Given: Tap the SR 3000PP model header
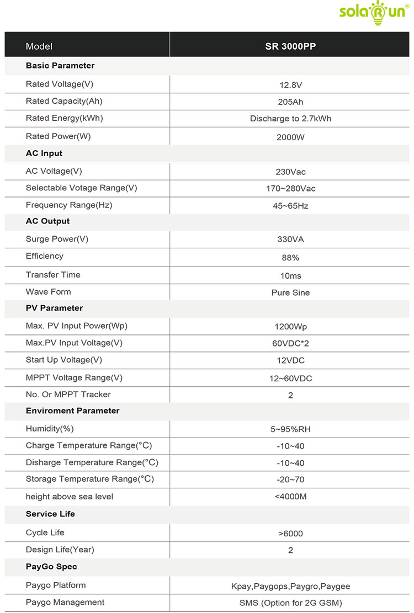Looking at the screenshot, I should coord(290,47).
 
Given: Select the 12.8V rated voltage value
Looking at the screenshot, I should coord(290,85).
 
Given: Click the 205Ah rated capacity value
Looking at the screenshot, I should coord(290,102).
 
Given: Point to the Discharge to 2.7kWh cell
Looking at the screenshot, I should coord(290,119).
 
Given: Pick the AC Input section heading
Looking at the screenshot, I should coord(44,153).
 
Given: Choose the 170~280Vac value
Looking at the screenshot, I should coord(290,189).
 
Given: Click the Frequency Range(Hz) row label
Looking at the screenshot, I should coord(69,205).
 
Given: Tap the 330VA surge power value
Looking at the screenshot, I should coord(290,239).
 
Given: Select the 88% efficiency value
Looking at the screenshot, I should coord(290,258).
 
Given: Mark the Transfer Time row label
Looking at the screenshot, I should coord(53,275).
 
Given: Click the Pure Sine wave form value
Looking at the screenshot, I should coord(290,293).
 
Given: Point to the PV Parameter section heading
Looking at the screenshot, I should coord(54,308).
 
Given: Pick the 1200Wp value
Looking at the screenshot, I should coord(290,327).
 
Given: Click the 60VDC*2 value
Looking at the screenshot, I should coord(290,344).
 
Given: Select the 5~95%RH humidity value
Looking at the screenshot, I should coord(290,429).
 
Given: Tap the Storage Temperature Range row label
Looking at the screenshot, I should coord(90,479).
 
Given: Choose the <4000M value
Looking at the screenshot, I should coord(290,497).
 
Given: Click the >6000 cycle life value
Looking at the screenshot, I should coord(290,534).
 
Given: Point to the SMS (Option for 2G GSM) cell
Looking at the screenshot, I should coord(290,603).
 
